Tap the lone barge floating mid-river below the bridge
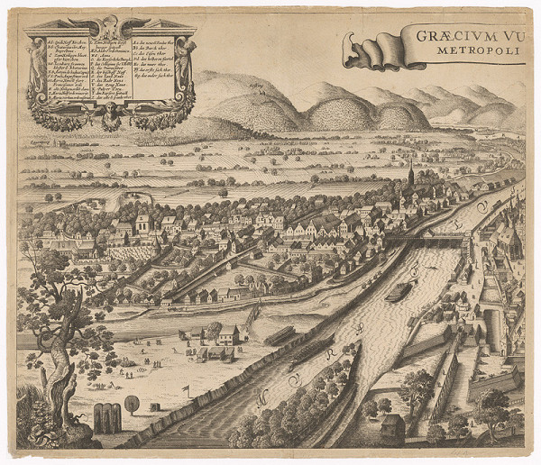[x=399, y=291]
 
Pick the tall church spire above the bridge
[x=410, y=176]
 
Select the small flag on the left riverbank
[x=185, y=389]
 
